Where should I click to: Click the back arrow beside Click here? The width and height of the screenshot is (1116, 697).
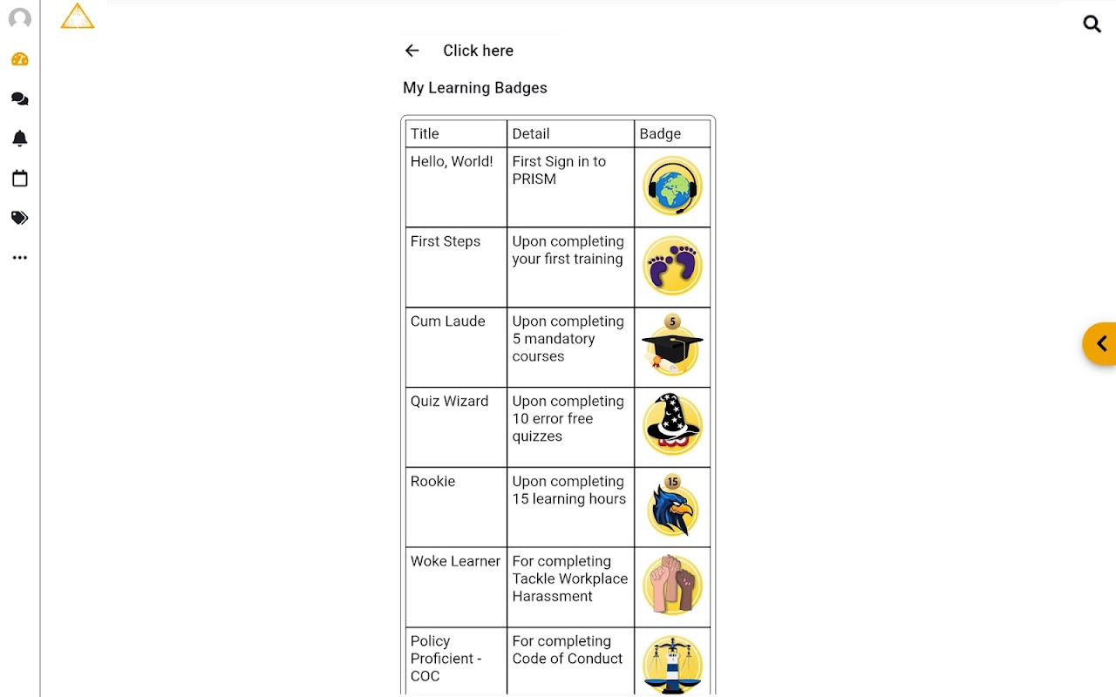(412, 51)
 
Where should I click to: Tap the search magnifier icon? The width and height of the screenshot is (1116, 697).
(1092, 24)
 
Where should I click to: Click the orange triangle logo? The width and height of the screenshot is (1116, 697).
(78, 17)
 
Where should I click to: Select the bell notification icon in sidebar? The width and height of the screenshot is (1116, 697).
(20, 139)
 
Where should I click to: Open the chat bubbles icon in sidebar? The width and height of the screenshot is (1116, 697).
(20, 99)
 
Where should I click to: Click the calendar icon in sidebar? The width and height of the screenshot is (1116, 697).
(20, 179)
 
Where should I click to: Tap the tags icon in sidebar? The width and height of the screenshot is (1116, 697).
(20, 218)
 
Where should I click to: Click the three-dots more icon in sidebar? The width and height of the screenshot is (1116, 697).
(20, 258)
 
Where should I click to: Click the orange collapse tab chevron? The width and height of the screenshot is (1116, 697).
(1101, 343)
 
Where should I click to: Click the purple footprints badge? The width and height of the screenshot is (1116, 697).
(672, 266)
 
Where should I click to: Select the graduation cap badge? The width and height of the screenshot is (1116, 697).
(672, 347)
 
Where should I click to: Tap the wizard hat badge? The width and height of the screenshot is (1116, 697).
(672, 425)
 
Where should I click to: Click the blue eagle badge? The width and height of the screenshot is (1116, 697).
(672, 507)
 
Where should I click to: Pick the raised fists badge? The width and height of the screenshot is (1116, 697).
(672, 585)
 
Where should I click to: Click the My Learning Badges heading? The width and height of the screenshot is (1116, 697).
(475, 88)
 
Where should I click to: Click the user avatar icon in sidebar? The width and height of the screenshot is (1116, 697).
(20, 19)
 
